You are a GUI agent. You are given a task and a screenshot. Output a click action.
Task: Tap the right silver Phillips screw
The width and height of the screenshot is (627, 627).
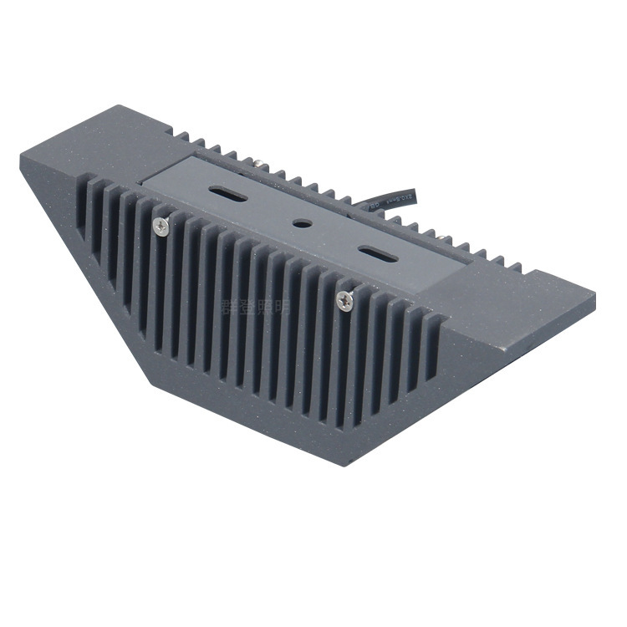click(344, 299)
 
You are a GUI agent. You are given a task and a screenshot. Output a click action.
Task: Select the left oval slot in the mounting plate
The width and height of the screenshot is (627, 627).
click(229, 195)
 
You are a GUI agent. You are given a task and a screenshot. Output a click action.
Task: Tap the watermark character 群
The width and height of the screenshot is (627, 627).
click(227, 306)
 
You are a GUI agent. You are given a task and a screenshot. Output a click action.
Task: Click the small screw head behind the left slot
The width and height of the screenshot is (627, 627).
click(262, 165)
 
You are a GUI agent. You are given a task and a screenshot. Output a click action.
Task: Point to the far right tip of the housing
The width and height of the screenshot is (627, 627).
click(594, 295)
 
